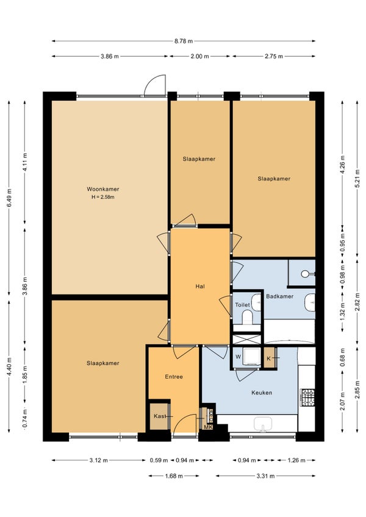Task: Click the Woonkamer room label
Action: pos(102,189)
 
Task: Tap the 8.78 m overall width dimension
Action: pos(184,41)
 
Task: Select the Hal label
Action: pos(200,287)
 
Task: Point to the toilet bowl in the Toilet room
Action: pos(247,318)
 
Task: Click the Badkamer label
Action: pos(279,296)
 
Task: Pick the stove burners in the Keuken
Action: pos(307,398)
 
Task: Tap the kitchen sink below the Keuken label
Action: pos(263,423)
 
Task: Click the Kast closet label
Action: pos(160,416)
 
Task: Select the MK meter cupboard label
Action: pos(208,427)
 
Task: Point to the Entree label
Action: pos(174,377)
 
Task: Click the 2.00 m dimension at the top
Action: pos(200,56)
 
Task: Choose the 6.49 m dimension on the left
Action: pos(9,198)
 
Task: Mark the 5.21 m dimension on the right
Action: pos(357,179)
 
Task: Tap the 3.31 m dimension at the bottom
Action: pos(266,476)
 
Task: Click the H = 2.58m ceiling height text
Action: pos(102,197)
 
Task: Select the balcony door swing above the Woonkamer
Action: pos(154,85)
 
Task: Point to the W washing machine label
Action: pos(238,357)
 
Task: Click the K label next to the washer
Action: pos(268,358)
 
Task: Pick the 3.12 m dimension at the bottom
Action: pos(98,460)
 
